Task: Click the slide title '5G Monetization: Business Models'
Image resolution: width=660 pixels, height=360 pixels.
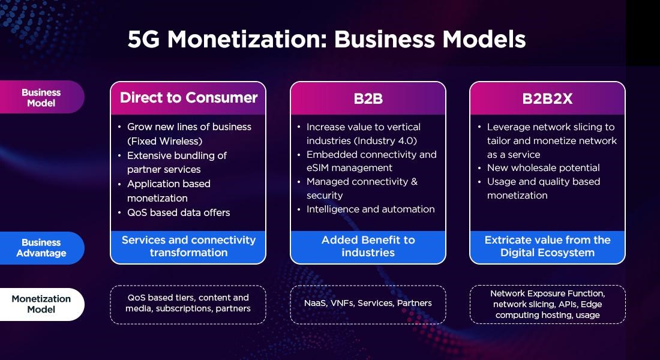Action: point(326,39)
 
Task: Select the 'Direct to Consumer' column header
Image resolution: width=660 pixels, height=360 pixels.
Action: point(188,98)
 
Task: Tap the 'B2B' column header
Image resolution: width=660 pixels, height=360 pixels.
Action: point(368,98)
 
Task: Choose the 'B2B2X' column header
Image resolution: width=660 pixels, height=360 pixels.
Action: point(547,98)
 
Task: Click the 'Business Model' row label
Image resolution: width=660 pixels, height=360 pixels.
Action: point(41,97)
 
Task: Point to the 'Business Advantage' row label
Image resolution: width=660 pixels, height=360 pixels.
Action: point(41,248)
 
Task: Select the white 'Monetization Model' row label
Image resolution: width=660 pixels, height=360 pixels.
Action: point(41,304)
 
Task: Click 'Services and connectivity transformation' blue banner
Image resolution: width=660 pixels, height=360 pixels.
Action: point(188,247)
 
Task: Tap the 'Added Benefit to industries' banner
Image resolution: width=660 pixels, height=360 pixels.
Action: point(368,247)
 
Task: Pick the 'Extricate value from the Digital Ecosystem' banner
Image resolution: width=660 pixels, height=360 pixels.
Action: point(547,247)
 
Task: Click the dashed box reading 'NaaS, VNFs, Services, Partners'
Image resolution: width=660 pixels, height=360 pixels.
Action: point(368,304)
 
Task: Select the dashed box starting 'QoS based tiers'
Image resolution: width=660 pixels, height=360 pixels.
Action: point(188,304)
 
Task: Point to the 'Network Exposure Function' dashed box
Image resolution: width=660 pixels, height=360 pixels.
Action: point(547,304)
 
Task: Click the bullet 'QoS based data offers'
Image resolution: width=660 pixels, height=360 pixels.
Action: point(178,212)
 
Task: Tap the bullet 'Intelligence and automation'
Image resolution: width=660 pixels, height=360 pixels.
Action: point(370,209)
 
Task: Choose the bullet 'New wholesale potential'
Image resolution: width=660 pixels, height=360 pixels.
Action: point(543,168)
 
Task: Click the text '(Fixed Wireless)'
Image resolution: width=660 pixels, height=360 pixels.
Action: point(164,141)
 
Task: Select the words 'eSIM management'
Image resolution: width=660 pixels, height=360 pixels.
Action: point(349,168)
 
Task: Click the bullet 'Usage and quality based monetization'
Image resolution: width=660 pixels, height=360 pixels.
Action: point(543,188)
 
